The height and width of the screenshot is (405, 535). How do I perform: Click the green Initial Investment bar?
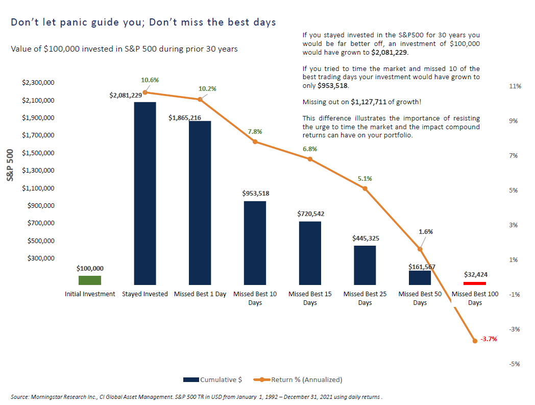[90, 280]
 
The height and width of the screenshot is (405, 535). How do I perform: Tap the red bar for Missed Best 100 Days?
[475, 283]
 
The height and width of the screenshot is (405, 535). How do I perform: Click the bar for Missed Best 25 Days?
[365, 265]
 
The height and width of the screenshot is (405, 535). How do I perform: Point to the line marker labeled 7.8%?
[255, 141]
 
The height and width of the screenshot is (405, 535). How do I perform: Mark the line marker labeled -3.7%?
[475, 341]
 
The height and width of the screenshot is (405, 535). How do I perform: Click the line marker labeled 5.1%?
[365, 188]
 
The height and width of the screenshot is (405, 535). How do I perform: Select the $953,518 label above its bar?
[255, 194]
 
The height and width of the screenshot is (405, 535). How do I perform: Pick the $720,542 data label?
[310, 214]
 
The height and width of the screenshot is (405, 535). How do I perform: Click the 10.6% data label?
[150, 80]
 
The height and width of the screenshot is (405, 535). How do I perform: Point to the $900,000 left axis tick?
[40, 206]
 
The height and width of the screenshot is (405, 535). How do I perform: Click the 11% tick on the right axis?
[515, 86]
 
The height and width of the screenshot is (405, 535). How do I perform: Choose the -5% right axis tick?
[514, 364]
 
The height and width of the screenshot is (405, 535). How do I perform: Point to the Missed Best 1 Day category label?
[200, 294]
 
